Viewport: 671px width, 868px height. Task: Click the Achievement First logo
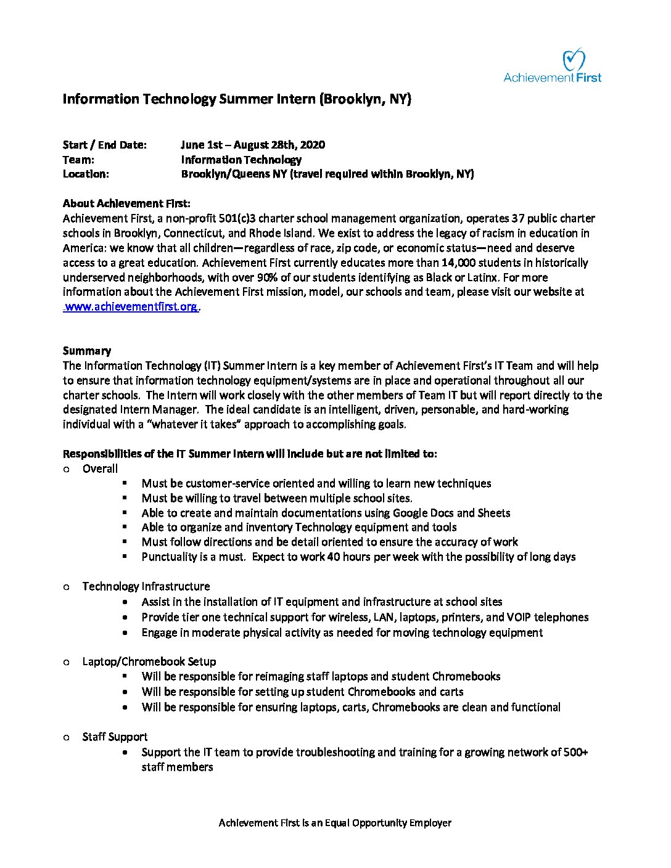pyautogui.click(x=552, y=67)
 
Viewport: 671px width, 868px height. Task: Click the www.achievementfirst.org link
pyautogui.click(x=131, y=307)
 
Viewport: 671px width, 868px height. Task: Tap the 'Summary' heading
pyautogui.click(x=87, y=351)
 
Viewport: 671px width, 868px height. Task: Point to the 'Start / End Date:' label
pyautogui.click(x=105, y=145)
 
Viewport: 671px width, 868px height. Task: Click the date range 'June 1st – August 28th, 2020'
pyautogui.click(x=253, y=145)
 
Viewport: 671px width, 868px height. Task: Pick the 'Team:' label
pyautogui.click(x=78, y=160)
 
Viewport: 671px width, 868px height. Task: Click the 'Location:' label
pyautogui.click(x=86, y=174)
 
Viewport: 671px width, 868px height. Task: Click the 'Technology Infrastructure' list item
pyautogui.click(x=146, y=586)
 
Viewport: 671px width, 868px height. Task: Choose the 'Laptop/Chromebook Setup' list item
pyautogui.click(x=149, y=661)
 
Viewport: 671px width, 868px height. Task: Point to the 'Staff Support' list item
pyautogui.click(x=115, y=737)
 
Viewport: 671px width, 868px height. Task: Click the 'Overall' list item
pyautogui.click(x=100, y=469)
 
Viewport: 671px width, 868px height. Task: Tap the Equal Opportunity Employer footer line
pyautogui.click(x=335, y=823)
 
